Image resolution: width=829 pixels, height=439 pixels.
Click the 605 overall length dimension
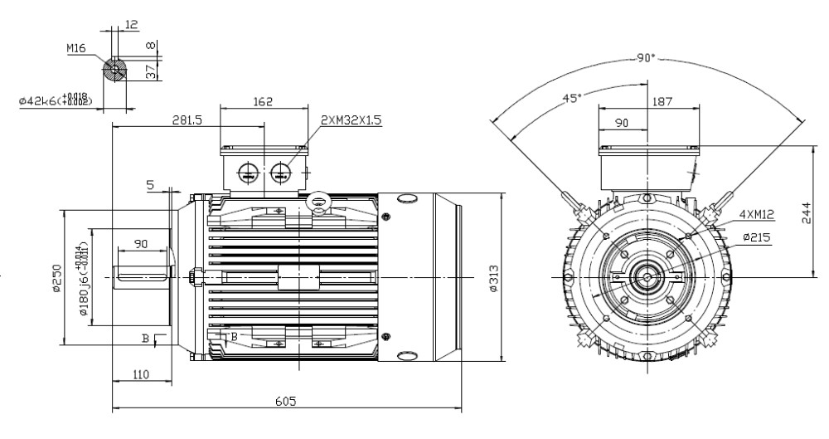click(287, 401)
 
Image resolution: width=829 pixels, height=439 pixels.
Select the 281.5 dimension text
click(187, 120)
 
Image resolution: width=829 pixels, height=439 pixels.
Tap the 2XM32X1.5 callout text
click(352, 120)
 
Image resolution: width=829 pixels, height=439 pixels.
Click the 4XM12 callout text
click(756, 214)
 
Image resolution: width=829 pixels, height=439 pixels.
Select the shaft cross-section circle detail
click(114, 70)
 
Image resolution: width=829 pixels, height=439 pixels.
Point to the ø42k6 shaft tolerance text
click(56, 100)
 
